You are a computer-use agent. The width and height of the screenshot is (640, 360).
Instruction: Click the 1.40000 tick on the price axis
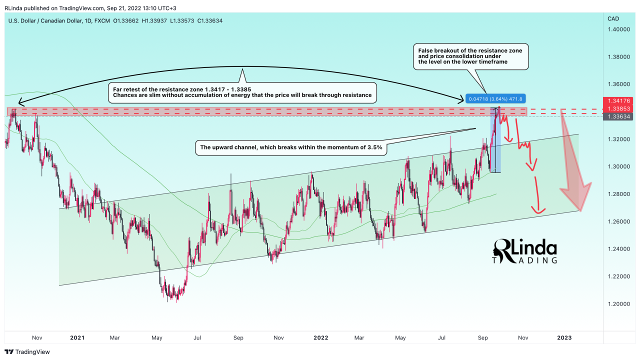point(619,29)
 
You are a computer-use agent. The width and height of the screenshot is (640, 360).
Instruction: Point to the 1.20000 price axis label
point(619,304)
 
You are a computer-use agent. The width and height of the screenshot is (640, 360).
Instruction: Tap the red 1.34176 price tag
point(620,100)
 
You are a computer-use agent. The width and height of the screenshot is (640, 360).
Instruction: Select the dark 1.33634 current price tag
point(620,116)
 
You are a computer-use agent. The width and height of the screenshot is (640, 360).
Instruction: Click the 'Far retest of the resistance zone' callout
point(242,92)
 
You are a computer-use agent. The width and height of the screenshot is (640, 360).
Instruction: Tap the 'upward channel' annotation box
point(291,147)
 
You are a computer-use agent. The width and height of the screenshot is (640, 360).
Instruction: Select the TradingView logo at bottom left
point(27,352)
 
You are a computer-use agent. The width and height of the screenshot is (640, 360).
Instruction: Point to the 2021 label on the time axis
point(77,338)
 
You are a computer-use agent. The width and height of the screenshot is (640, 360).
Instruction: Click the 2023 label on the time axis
point(564,338)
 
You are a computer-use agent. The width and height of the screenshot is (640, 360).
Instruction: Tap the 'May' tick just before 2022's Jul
point(400,338)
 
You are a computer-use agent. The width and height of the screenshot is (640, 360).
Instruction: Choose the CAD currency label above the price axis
point(613,18)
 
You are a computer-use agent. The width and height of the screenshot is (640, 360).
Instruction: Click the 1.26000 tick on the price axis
point(619,221)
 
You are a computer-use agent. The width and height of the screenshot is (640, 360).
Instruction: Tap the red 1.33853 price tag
point(620,108)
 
